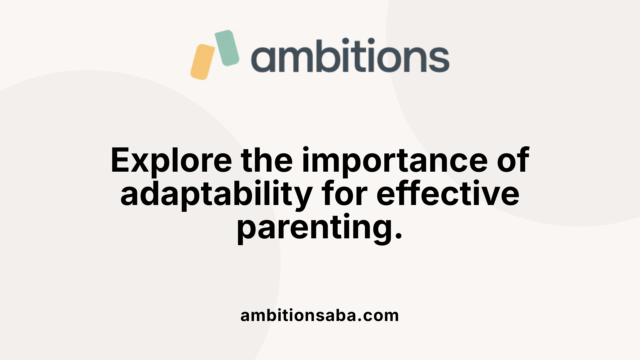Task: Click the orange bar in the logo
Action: coord(202,62)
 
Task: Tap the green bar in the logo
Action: coord(227,48)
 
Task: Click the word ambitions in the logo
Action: coord(350,55)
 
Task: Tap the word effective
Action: coord(448,193)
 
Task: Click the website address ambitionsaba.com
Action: coord(320,315)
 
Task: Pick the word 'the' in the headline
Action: coord(267,160)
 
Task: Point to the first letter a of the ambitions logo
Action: coord(263,59)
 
